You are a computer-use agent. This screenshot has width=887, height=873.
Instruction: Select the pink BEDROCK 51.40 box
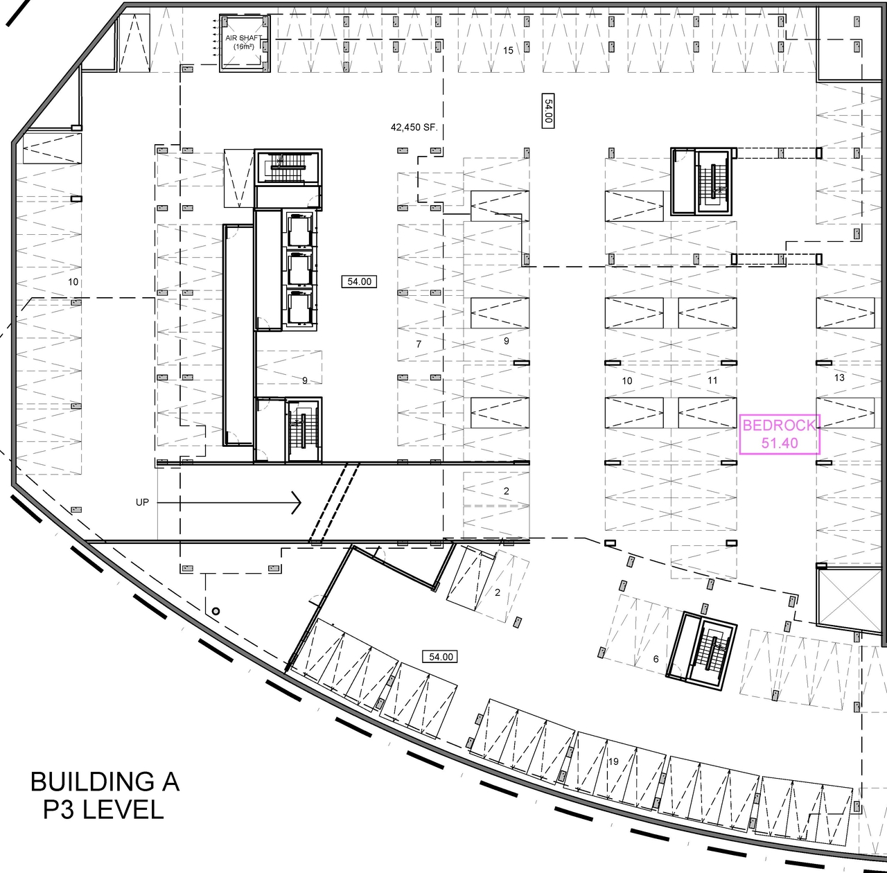(x=780, y=434)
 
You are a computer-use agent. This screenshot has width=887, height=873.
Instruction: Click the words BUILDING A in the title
(x=105, y=782)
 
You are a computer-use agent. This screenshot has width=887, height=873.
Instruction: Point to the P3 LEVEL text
(x=103, y=810)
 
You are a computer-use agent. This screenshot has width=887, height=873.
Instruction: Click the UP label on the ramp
(x=142, y=502)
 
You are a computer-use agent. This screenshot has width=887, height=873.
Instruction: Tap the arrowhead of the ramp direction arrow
(x=296, y=502)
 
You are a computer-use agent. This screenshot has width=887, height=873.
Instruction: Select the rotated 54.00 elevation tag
(x=547, y=111)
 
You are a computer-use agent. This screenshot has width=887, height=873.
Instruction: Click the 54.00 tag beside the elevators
(x=359, y=281)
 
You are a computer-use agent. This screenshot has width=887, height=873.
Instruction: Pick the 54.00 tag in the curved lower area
(x=441, y=656)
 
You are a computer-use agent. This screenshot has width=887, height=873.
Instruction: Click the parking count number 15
(x=508, y=51)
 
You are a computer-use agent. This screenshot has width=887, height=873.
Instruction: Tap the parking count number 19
(x=613, y=761)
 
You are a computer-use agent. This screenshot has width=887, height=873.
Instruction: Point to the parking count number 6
(x=656, y=659)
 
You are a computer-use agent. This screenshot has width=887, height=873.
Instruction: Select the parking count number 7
(x=419, y=344)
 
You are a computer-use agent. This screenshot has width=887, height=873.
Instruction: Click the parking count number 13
(x=840, y=378)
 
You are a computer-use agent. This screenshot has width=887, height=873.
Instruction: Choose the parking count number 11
(x=712, y=380)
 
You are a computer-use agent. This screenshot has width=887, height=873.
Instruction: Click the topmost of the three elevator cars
(x=299, y=231)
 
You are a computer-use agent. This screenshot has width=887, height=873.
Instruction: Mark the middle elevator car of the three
(x=299, y=270)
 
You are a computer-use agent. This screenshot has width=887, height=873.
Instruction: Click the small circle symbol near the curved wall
(x=216, y=611)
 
